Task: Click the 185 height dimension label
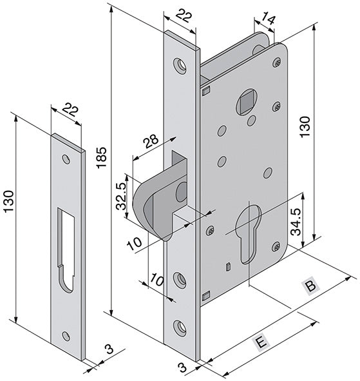click(x=101, y=157)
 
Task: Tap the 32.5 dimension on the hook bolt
click(x=121, y=196)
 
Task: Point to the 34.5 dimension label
click(x=296, y=222)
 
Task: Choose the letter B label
click(x=310, y=286)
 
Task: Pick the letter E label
click(x=261, y=343)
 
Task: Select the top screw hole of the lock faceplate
click(x=180, y=66)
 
